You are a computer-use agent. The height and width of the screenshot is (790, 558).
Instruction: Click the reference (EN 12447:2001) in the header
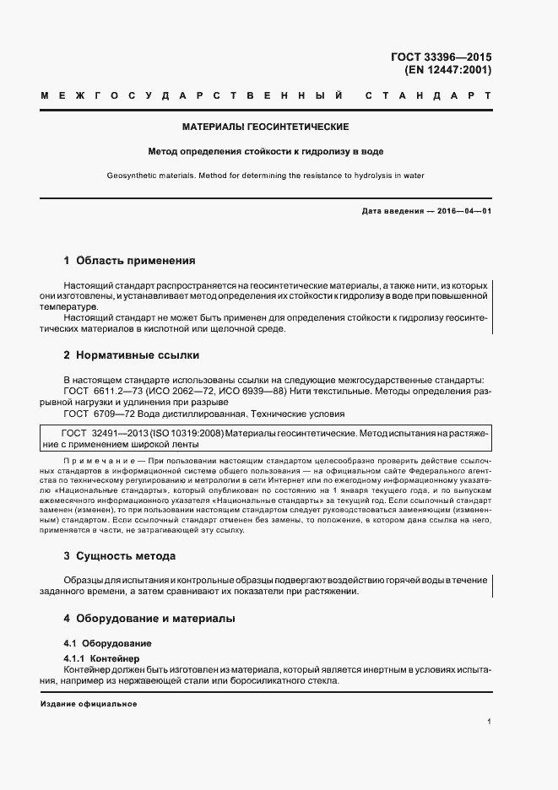447,70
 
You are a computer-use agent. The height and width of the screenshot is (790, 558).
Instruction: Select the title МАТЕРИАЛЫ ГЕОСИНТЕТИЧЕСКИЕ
266,127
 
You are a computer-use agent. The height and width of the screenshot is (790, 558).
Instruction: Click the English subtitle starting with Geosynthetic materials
266,176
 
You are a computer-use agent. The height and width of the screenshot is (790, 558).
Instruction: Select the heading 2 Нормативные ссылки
132,355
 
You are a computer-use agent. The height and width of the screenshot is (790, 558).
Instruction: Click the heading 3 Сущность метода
120,557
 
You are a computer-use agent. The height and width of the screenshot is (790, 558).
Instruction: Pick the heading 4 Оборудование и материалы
149,619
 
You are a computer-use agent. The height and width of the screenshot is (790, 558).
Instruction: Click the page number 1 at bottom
489,722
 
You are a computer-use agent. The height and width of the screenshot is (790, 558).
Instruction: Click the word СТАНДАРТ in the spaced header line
428,96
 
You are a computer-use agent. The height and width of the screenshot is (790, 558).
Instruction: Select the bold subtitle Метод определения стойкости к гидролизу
266,152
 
